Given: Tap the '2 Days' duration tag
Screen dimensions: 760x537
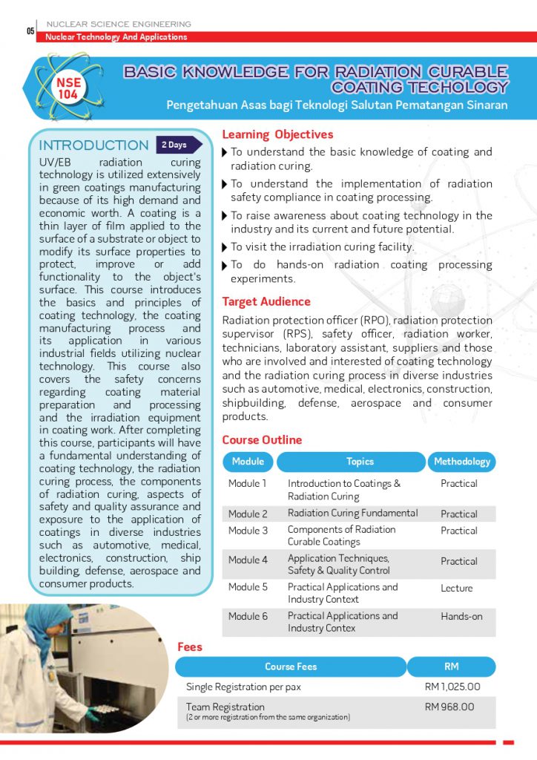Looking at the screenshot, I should [174, 145].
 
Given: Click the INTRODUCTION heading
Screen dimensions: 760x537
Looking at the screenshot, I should [93, 145].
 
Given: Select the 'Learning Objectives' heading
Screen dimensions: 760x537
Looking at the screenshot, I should [277, 134].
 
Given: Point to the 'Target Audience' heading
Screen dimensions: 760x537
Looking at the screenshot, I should [266, 301].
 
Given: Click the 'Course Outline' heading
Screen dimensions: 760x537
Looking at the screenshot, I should [262, 439].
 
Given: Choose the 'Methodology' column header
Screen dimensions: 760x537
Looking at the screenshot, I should [461, 462].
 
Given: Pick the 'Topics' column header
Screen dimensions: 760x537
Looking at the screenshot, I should [360, 462].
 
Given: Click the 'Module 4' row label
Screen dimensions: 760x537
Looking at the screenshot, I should [248, 560].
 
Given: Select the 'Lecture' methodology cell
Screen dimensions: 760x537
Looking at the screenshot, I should [456, 588].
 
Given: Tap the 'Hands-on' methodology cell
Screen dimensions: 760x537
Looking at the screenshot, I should [461, 616].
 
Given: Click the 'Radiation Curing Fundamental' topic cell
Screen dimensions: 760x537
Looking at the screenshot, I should [352, 513].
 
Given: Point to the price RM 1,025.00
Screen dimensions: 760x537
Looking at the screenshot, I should [452, 687].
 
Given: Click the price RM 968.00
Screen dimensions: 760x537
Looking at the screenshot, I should [449, 707].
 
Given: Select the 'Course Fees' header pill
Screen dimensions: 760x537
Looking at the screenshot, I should [291, 666].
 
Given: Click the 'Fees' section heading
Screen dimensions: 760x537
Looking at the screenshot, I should [190, 646].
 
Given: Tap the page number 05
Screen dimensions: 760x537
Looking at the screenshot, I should [30, 31].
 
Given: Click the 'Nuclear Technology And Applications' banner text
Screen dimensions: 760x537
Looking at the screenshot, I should [116, 37].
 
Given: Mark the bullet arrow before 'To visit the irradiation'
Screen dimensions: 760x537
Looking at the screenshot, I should [225, 247].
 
